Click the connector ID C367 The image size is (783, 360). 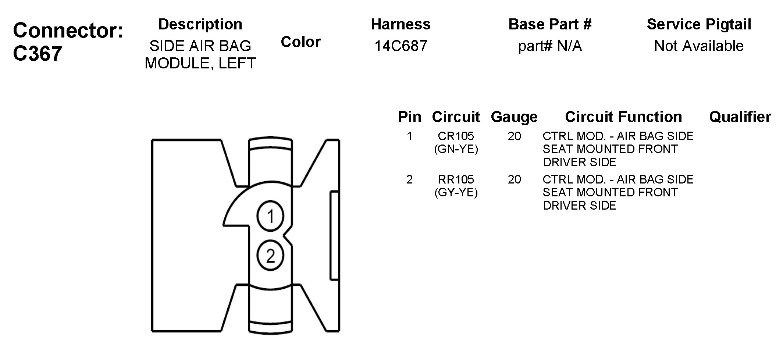(38, 54)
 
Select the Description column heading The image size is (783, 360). (200, 25)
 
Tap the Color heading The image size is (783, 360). (300, 42)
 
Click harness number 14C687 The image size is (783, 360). (401, 46)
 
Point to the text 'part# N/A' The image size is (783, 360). (550, 46)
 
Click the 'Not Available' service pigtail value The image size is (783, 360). (699, 46)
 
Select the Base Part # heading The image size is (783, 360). (550, 24)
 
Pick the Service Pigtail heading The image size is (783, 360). (699, 25)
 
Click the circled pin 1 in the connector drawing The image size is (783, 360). (270, 216)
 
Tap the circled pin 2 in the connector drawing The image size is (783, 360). (270, 256)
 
